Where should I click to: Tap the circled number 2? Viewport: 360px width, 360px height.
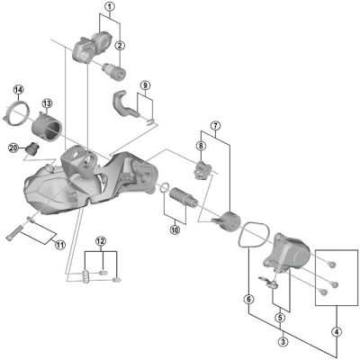tap(120, 45)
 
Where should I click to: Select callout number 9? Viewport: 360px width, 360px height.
tap(144, 85)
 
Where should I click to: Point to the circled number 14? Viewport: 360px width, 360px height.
tap(18, 89)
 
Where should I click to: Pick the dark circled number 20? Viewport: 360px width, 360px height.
tap(13, 148)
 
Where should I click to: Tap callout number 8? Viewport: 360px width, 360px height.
tap(202, 143)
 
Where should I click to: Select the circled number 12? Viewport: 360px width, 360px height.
tap(102, 241)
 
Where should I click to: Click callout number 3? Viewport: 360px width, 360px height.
tap(282, 342)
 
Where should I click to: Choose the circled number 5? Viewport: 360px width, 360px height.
tap(282, 316)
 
